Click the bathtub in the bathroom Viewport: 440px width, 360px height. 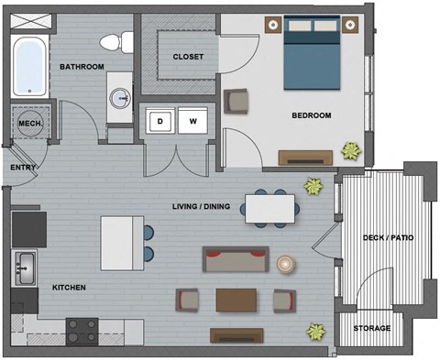pyautogui.click(x=29, y=65)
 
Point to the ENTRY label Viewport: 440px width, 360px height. pyautogui.click(x=23, y=168)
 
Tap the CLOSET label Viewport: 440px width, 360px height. pyautogui.click(x=188, y=57)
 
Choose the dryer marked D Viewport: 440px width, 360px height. pyautogui.click(x=162, y=120)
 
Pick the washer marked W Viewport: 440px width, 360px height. pyautogui.click(x=193, y=120)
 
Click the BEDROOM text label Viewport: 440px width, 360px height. pyautogui.click(x=311, y=115)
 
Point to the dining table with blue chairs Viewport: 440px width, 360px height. pyautogui.click(x=269, y=210)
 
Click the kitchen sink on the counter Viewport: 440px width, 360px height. pyautogui.click(x=25, y=268)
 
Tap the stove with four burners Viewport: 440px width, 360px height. pyautogui.click(x=82, y=330)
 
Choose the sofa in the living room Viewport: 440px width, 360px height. pyautogui.click(x=236, y=261)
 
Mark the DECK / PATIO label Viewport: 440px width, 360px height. pyautogui.click(x=388, y=237)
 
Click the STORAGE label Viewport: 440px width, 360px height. pyautogui.click(x=372, y=328)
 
